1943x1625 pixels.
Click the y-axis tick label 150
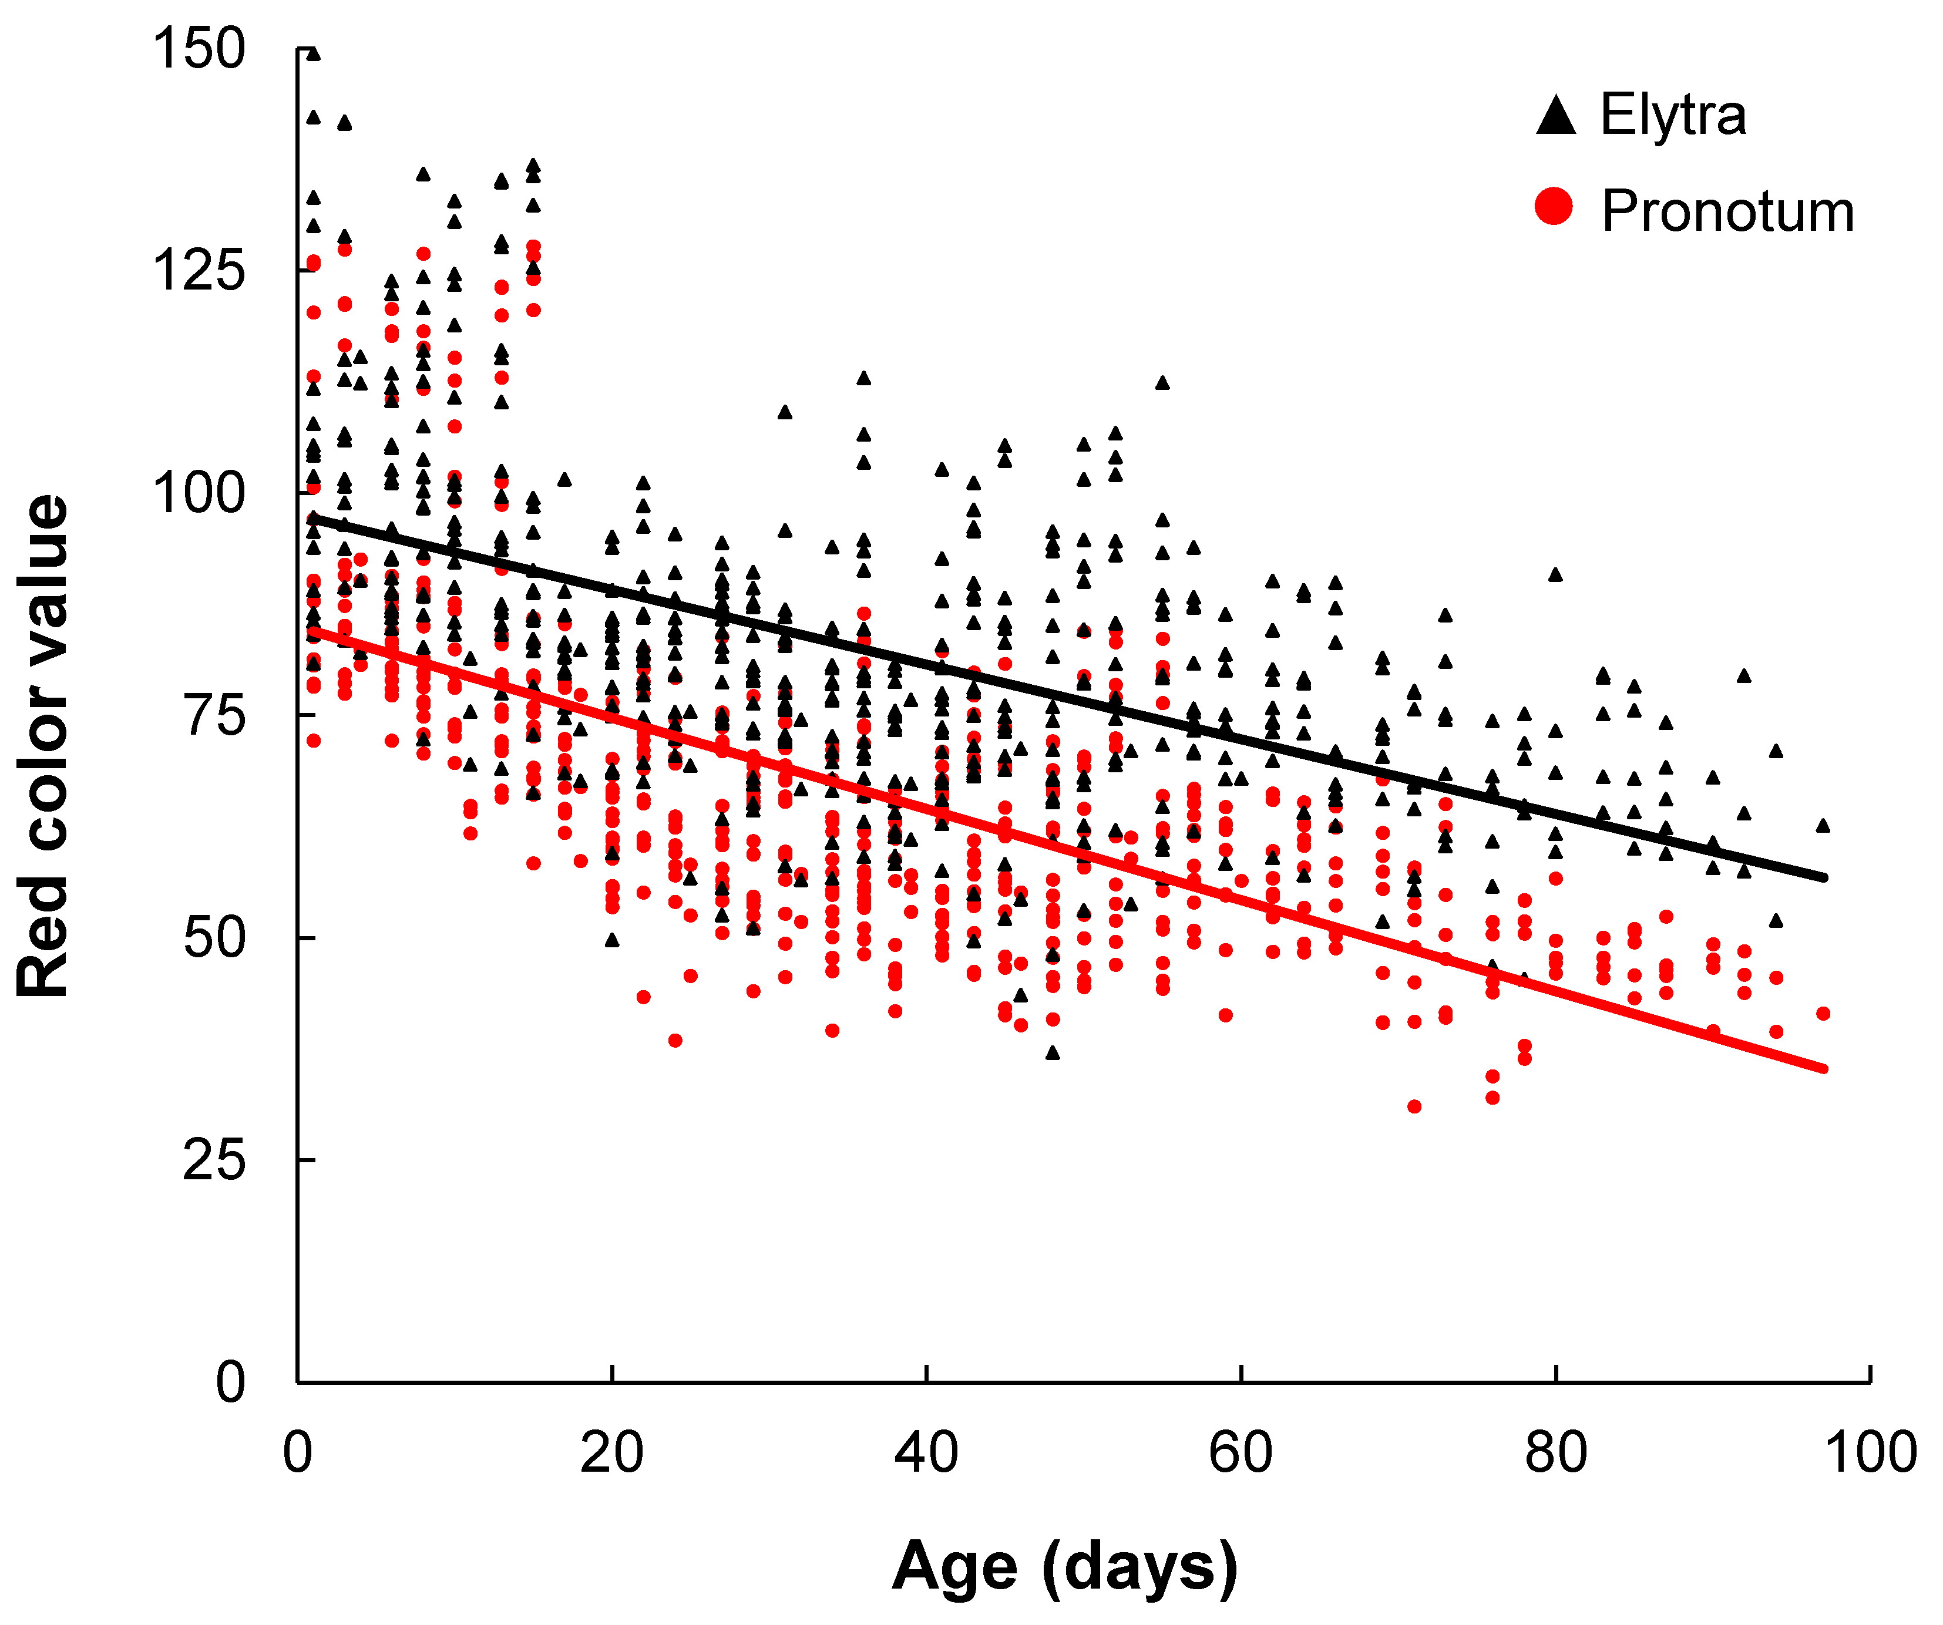[199, 48]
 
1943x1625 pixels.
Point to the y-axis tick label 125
[199, 271]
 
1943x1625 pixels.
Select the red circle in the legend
[1554, 206]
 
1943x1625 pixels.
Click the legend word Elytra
[1673, 116]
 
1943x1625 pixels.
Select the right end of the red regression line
[1823, 1069]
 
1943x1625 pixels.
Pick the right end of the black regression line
[1823, 877]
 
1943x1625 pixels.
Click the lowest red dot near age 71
[1414, 1106]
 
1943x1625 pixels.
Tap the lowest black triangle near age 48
[1052, 1052]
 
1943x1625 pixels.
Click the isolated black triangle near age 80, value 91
[1555, 574]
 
